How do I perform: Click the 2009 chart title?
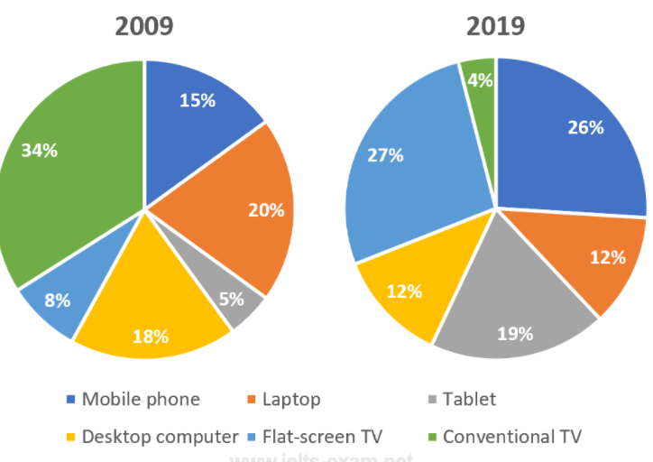[144, 26]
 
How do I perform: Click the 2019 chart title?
[495, 26]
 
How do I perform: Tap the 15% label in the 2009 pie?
[197, 101]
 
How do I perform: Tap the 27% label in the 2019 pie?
[385, 155]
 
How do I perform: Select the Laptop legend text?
[290, 399]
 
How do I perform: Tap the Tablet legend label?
[468, 399]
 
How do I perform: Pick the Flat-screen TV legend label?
[325, 437]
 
